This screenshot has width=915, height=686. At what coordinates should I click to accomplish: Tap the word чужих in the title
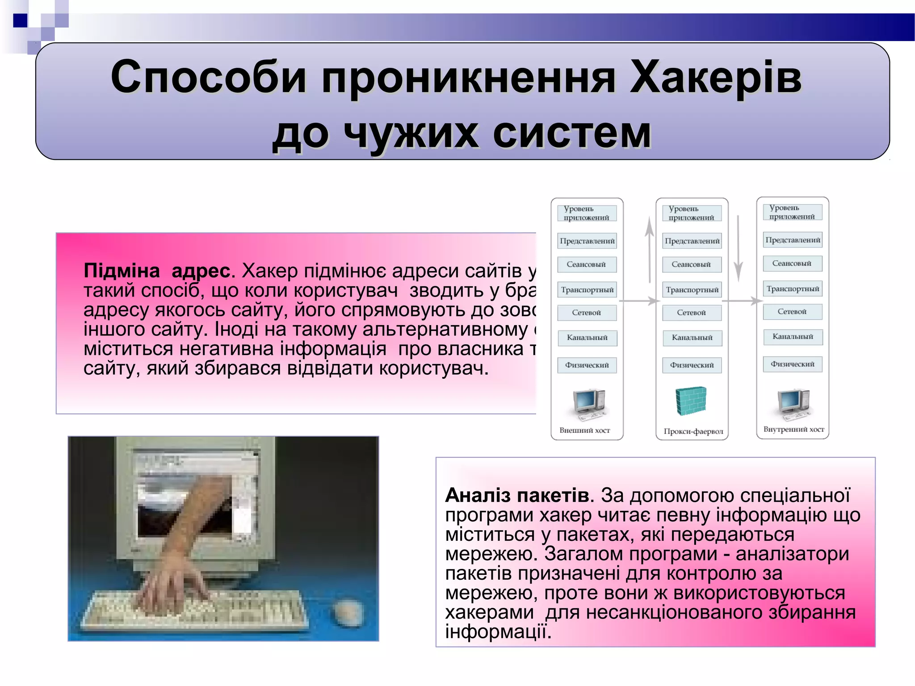coord(410,133)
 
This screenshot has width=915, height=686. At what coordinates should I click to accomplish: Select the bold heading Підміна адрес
coord(157,271)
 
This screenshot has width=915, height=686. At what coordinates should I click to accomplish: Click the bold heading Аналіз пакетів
coord(517,495)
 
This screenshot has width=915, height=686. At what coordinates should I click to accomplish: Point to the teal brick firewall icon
coord(691,401)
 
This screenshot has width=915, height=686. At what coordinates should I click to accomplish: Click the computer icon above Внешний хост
coord(588,404)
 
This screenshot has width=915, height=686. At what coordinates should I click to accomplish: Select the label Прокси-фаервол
coord(693,431)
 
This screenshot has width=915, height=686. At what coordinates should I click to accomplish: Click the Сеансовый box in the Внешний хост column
coord(586,264)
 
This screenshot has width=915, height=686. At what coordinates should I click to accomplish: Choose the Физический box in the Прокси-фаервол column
coord(692,365)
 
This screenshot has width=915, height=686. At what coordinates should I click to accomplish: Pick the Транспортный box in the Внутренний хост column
coord(793,289)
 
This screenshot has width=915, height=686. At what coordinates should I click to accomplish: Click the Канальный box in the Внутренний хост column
coord(793,337)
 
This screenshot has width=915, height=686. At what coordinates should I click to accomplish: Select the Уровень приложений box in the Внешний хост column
coord(586,213)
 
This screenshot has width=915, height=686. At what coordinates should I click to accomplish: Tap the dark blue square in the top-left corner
coord(20,21)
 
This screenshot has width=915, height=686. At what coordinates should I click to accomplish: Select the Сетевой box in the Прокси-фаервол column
coord(691,313)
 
